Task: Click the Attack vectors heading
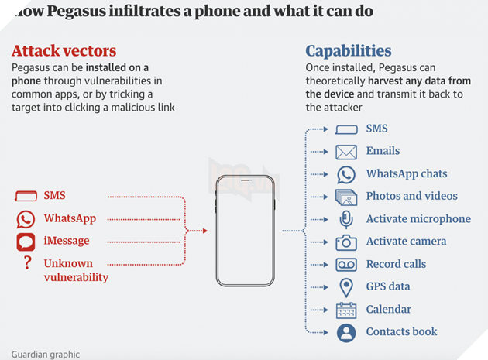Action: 64,52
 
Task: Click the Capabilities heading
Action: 348,52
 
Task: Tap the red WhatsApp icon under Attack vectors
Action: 26,219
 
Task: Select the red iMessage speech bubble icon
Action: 26,242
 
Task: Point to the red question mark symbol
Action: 27,263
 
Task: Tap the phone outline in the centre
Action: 246,230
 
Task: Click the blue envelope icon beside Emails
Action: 346,152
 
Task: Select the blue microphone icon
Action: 346,219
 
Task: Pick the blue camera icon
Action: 346,242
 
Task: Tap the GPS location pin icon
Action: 346,287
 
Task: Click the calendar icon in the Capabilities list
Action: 346,310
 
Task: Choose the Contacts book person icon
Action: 346,333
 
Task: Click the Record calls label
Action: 396,264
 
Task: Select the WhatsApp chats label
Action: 406,174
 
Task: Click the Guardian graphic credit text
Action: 46,355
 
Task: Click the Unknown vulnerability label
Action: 75,270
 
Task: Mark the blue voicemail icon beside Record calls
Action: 346,265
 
